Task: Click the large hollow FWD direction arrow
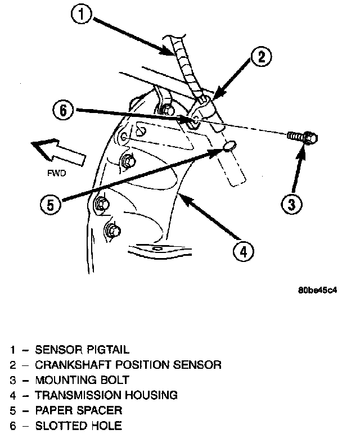point(56,151)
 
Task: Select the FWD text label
point(55,174)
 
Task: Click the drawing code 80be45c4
point(317,291)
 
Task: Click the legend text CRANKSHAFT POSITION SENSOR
point(128,364)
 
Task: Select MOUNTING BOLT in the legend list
point(82,379)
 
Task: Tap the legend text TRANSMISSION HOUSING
point(106,395)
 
